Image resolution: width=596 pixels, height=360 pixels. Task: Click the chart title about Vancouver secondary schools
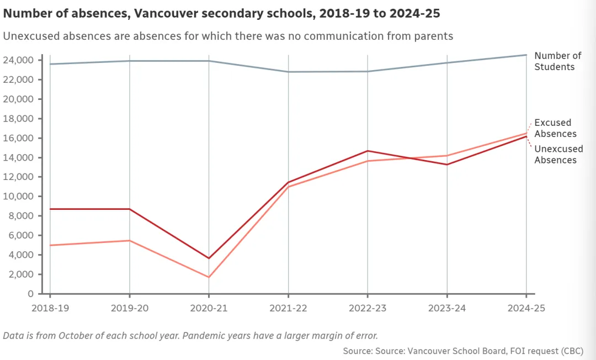[x=221, y=13]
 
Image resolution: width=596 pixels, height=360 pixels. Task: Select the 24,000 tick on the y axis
[x=19, y=60]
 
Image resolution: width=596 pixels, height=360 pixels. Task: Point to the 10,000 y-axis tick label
[x=19, y=197]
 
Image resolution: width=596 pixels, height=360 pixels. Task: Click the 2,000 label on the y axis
[x=22, y=274]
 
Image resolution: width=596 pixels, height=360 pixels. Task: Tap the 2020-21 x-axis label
[x=209, y=308]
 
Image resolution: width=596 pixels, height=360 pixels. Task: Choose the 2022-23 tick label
[x=368, y=308]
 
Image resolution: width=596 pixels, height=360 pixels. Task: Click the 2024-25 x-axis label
[x=526, y=308]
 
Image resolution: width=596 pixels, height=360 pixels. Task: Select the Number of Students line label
[x=558, y=61]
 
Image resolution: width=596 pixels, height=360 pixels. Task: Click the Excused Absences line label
[x=556, y=128]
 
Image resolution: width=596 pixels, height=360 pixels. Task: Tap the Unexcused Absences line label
[x=558, y=155]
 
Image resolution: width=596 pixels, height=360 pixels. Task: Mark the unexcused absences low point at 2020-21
[x=209, y=258]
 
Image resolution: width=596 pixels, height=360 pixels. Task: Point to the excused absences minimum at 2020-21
[x=209, y=277]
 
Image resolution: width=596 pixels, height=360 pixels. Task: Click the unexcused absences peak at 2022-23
[x=368, y=151]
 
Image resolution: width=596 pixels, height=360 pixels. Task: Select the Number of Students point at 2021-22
[x=288, y=72]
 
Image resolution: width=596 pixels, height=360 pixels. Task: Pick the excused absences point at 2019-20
[x=129, y=240]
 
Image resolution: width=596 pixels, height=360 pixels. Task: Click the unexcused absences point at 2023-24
[x=447, y=165]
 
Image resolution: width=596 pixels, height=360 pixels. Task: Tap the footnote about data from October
[x=190, y=335]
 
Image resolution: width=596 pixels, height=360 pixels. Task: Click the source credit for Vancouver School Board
[x=462, y=351]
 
